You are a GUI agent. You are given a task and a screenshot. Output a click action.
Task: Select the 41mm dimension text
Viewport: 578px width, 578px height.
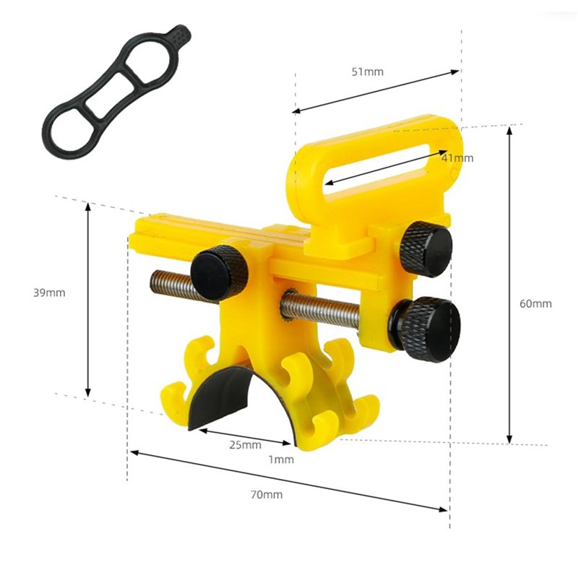[457, 158]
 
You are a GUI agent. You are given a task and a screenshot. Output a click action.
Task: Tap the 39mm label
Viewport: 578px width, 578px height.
[49, 293]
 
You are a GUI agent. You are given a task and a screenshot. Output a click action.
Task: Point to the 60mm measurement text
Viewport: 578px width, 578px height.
[535, 303]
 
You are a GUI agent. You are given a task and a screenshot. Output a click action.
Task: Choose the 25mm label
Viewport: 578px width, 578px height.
[245, 444]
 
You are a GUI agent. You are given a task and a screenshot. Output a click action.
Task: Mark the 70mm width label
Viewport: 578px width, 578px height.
[267, 495]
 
